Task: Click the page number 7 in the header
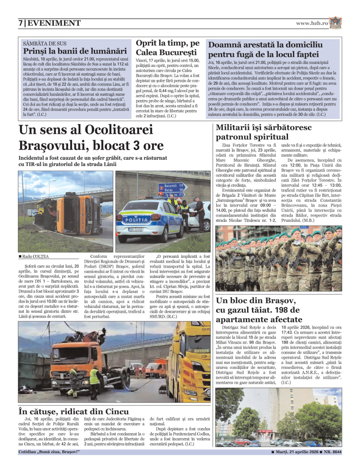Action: pyautogui.click(x=21, y=23)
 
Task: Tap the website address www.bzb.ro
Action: pyautogui.click(x=312, y=23)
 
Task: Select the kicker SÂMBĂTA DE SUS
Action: pyautogui.click(x=45, y=43)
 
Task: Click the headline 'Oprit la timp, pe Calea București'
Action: pyautogui.click(x=167, y=48)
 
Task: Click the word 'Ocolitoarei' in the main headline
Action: pyautogui.click(x=119, y=130)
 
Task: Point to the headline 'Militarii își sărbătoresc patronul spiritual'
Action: pyautogui.click(x=264, y=132)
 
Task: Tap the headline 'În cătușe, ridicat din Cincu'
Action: pyautogui.click(x=73, y=411)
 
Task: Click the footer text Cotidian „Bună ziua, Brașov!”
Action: pyautogui.click(x=49, y=452)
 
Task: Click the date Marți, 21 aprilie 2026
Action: pyautogui.click(x=297, y=452)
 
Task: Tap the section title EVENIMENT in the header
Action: pyautogui.click(x=54, y=23)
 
